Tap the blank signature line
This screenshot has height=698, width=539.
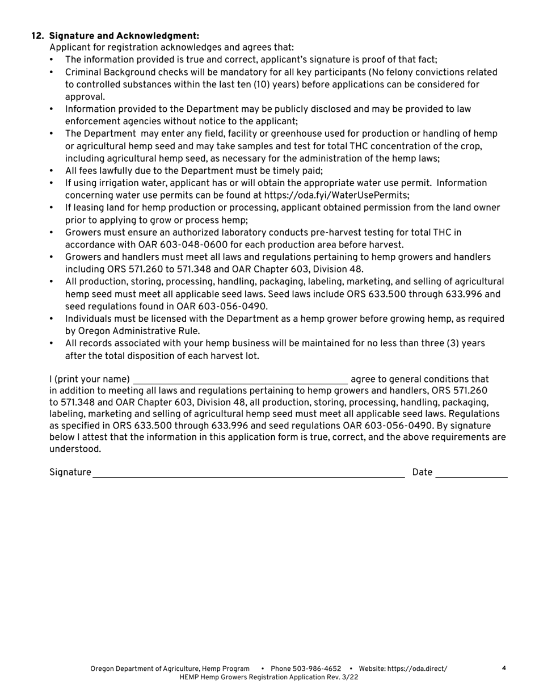pos(249,473)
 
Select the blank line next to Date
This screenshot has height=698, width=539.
pos(471,473)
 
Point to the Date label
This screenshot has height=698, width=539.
pos(422,472)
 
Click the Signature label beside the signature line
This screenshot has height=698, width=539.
pos(70,472)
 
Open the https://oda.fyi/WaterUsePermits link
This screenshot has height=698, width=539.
pos(336,195)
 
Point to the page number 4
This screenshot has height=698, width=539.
pos(504,668)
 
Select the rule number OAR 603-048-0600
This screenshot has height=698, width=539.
pos(178,245)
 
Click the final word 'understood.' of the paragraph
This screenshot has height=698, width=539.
pos(75,449)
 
